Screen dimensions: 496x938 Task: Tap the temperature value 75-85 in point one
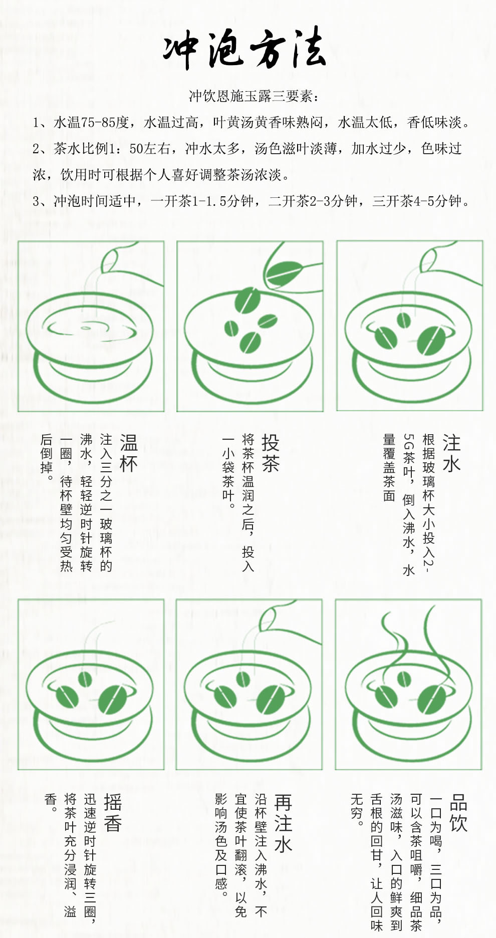[98, 122]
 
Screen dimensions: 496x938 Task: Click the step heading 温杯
[129, 453]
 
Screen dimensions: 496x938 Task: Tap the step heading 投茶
[270, 453]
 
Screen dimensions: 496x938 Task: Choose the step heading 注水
[451, 453]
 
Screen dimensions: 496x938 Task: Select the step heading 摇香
[113, 812]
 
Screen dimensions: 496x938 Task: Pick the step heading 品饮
[458, 812]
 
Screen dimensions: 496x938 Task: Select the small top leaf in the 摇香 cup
[85, 679]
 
